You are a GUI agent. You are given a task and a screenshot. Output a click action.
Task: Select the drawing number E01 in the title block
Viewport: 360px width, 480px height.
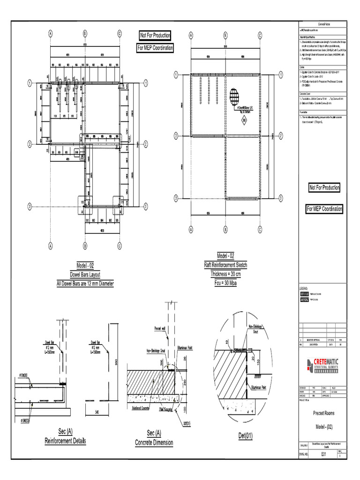[323, 454]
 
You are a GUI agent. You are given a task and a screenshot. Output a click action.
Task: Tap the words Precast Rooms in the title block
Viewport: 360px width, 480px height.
[323, 413]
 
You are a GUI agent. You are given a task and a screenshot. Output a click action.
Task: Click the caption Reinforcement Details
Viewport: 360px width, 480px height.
[65, 441]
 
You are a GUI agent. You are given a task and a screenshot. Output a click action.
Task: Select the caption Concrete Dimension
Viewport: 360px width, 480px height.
[154, 442]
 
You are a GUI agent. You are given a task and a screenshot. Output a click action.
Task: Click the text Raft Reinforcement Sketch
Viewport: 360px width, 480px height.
[225, 265]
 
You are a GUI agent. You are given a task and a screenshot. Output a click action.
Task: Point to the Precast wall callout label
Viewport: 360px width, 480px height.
[160, 329]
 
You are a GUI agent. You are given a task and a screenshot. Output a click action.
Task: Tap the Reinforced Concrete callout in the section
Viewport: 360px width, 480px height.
[143, 408]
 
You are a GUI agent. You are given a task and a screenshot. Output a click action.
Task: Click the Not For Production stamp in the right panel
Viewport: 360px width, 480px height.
[324, 187]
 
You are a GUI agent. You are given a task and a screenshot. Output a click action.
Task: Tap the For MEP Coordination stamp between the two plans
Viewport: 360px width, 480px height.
[155, 48]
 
